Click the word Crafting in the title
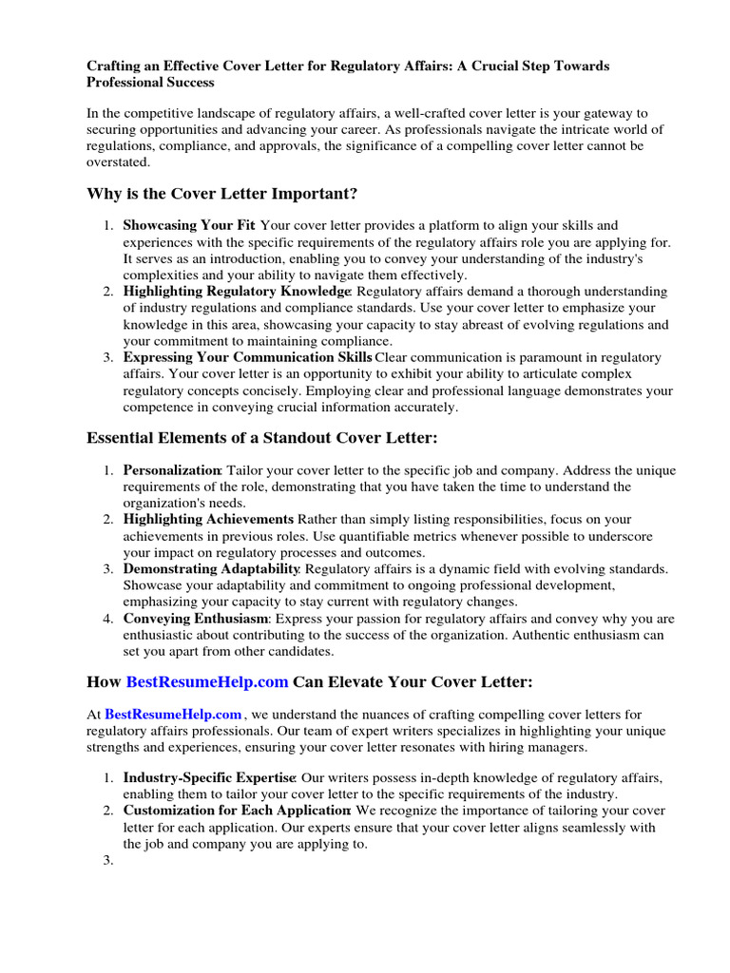pyautogui.click(x=115, y=66)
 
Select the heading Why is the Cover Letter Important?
pyautogui.click(x=221, y=194)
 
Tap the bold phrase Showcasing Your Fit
pyautogui.click(x=189, y=225)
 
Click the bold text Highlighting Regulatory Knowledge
pyautogui.click(x=237, y=291)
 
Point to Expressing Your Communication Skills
pyautogui.click(x=247, y=357)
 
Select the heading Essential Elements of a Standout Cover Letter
pyautogui.click(x=261, y=438)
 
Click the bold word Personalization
pyautogui.click(x=171, y=469)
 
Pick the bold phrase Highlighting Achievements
pyautogui.click(x=208, y=519)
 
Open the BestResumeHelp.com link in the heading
pyautogui.click(x=207, y=681)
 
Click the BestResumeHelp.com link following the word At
pyautogui.click(x=173, y=714)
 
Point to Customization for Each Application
pyautogui.click(x=237, y=811)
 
